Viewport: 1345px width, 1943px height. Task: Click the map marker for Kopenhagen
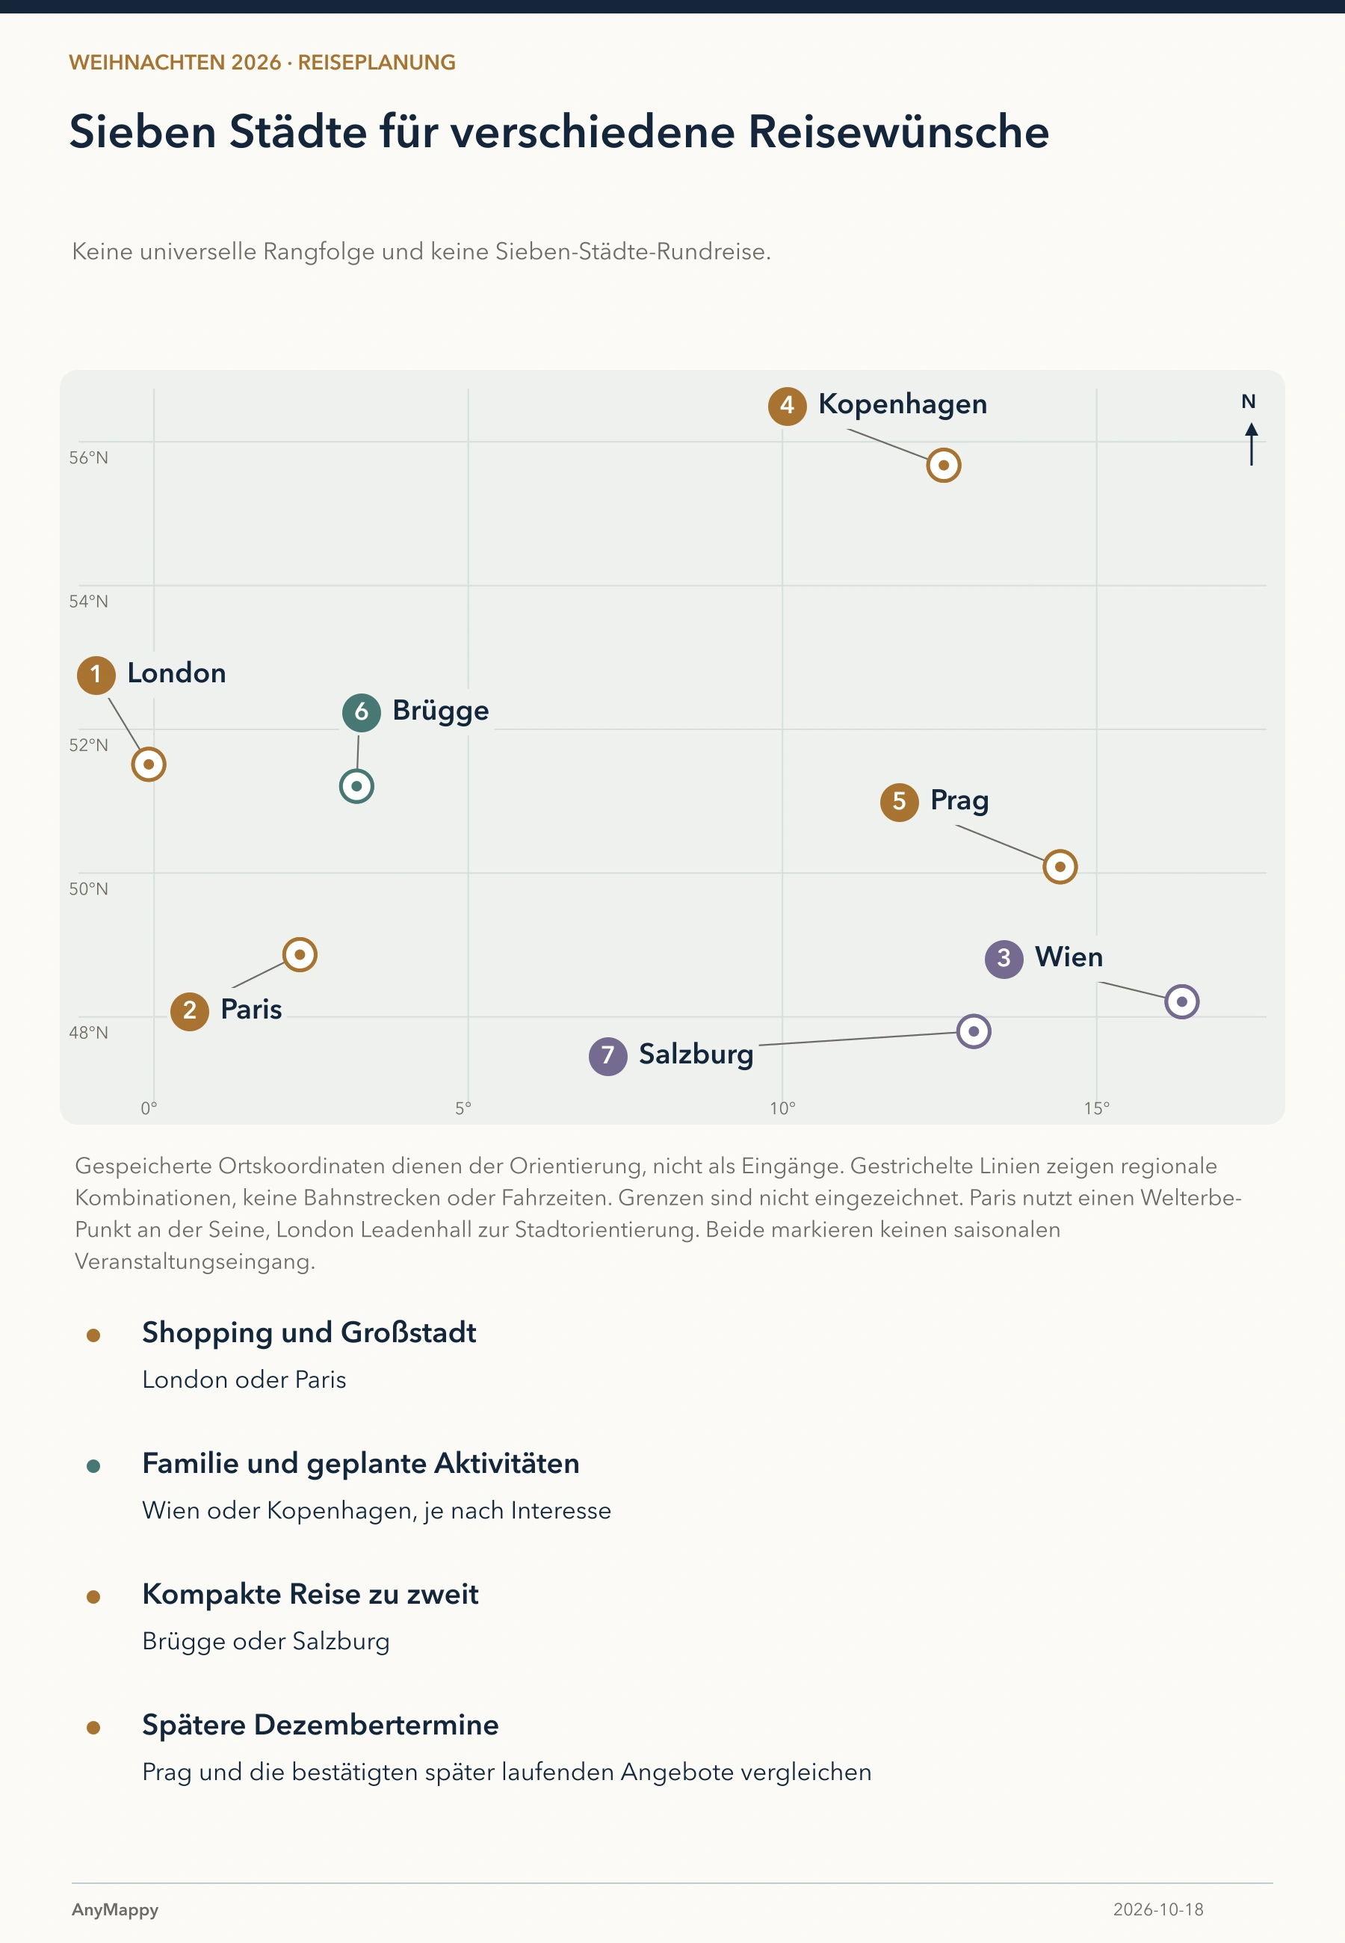[x=944, y=465]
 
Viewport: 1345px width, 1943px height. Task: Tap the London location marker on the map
[x=148, y=764]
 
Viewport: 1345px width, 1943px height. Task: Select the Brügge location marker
[x=356, y=786]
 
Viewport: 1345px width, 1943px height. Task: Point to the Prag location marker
[x=1060, y=866]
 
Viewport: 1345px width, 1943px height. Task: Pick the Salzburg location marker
[x=974, y=1031]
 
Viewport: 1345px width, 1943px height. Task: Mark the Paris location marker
[x=299, y=954]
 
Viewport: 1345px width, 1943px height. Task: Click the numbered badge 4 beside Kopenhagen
[x=787, y=406]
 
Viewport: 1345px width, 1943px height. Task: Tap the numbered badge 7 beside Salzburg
[x=607, y=1056]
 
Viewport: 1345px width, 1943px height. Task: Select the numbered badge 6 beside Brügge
[x=362, y=713]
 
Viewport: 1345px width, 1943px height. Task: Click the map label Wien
[x=1069, y=957]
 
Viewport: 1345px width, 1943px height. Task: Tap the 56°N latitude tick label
[x=88, y=457]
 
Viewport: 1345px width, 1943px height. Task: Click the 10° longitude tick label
[x=782, y=1108]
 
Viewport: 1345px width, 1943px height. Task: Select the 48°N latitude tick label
[x=88, y=1032]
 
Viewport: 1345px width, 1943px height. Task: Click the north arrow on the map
[x=1252, y=443]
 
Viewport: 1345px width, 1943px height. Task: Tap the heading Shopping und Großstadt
[x=309, y=1333]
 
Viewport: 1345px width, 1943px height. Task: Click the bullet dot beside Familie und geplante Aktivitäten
[x=93, y=1466]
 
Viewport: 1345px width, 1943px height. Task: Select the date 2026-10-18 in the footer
[x=1158, y=1909]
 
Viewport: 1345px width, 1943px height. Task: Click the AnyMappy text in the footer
[x=116, y=1910]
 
